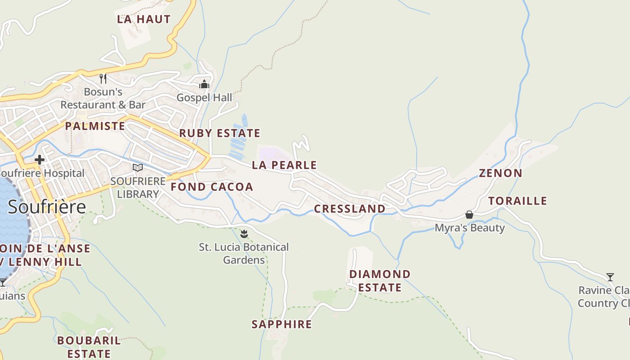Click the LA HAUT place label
tap(144, 19)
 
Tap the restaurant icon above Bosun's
tap(103, 79)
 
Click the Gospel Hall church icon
tap(204, 84)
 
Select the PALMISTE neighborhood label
tap(95, 126)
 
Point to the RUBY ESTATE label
tap(220, 133)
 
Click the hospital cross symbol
tap(40, 159)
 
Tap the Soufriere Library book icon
tap(138, 168)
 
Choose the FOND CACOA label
tap(211, 187)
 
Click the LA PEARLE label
tap(284, 165)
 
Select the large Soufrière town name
tap(47, 207)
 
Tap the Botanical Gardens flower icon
tap(244, 234)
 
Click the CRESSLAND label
tap(349, 209)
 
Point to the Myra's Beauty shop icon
tap(469, 215)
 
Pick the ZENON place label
tap(500, 173)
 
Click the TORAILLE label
tap(517, 201)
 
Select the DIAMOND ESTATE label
tap(380, 281)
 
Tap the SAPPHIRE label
tap(281, 324)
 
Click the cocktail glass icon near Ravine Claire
tap(610, 277)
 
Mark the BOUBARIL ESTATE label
tap(89, 347)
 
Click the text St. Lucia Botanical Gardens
tap(244, 253)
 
